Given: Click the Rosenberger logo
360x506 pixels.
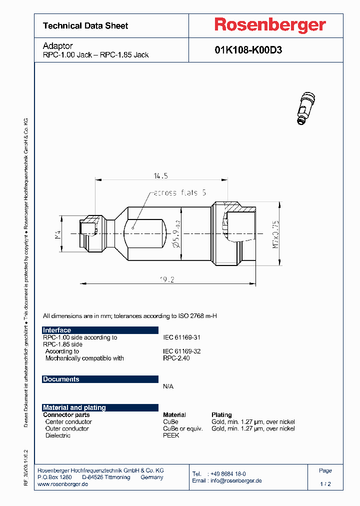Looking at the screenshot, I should [x=270, y=24].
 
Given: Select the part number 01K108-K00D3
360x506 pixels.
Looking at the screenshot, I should [x=248, y=50].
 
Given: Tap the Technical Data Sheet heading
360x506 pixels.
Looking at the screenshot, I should [x=85, y=25].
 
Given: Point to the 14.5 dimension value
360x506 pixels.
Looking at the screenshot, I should [x=160, y=175].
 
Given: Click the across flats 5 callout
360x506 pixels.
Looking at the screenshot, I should [x=180, y=192].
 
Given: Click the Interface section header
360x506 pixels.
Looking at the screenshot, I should [x=57, y=330].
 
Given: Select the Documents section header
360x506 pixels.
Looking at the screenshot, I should [x=61, y=379].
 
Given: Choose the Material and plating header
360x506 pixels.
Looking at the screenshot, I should [x=74, y=407].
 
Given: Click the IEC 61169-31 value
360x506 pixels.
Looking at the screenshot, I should [x=182, y=337].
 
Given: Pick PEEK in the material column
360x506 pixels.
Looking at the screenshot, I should [x=171, y=435].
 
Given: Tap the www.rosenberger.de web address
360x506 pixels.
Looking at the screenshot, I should [x=63, y=484].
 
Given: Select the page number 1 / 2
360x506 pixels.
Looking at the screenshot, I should [x=325, y=484].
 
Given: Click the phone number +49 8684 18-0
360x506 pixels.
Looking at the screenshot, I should [x=228, y=473].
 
